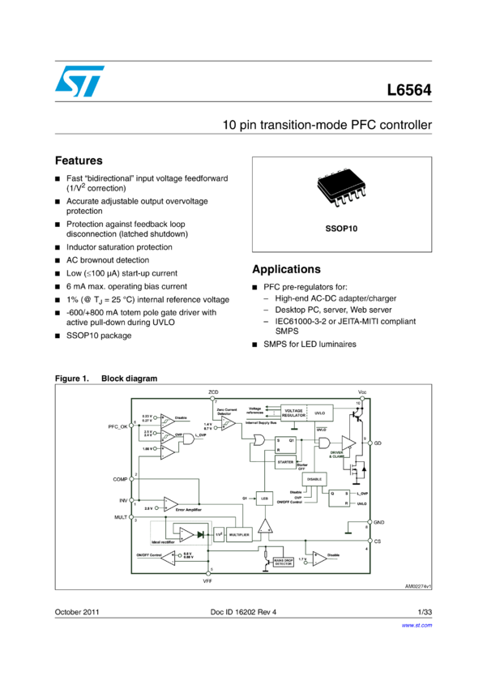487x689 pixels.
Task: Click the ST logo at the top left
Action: click(x=79, y=81)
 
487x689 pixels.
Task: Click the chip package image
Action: click(x=341, y=188)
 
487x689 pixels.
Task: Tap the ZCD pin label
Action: click(x=214, y=392)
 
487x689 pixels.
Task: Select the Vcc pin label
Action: click(x=362, y=392)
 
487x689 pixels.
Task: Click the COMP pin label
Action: click(x=121, y=479)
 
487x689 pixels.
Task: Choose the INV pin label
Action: click(x=123, y=501)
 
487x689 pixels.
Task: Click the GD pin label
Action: click(x=378, y=443)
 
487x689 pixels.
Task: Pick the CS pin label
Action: click(x=378, y=540)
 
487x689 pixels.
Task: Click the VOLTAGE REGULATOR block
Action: click(x=293, y=413)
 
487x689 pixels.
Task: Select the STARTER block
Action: click(x=285, y=462)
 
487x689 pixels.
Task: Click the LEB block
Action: click(x=264, y=499)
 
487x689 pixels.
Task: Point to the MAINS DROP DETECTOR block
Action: click(x=283, y=562)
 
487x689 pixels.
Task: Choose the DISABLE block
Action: click(x=314, y=479)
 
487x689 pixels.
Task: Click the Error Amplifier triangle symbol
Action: click(x=170, y=504)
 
